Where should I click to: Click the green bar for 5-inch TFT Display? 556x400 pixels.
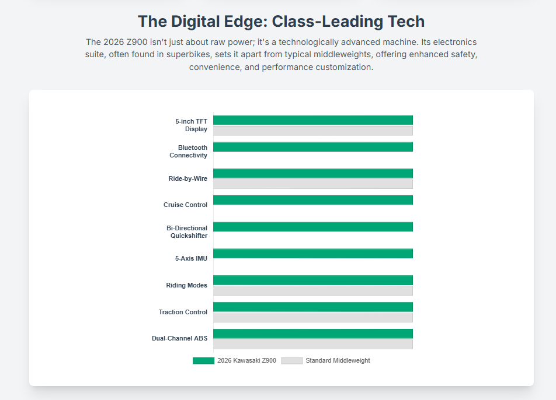click(313, 120)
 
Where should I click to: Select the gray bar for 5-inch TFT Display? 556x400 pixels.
click(313, 131)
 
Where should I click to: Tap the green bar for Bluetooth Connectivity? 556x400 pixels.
click(313, 147)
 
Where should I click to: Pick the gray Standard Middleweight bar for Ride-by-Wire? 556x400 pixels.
click(313, 184)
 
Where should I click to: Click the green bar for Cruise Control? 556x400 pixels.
click(313, 200)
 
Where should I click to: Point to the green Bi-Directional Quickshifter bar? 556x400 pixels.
click(313, 227)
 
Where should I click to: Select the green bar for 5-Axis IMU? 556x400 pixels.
click(313, 254)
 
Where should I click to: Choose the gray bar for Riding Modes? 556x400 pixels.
click(313, 290)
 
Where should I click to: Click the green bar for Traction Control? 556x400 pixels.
click(313, 307)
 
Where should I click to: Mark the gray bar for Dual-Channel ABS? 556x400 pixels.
click(313, 344)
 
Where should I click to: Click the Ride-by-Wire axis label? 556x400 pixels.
click(187, 178)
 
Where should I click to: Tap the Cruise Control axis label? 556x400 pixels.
click(185, 205)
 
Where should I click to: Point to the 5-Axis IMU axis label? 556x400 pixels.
click(191, 258)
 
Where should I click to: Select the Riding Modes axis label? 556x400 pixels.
click(186, 285)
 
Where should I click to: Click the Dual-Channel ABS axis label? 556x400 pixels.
click(179, 338)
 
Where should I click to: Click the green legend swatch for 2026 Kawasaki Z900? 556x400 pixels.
click(203, 360)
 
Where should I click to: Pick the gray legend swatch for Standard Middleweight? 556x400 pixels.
click(291, 360)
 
